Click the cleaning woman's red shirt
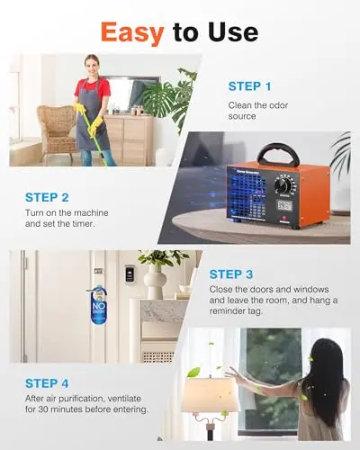pyautogui.click(x=93, y=88)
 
